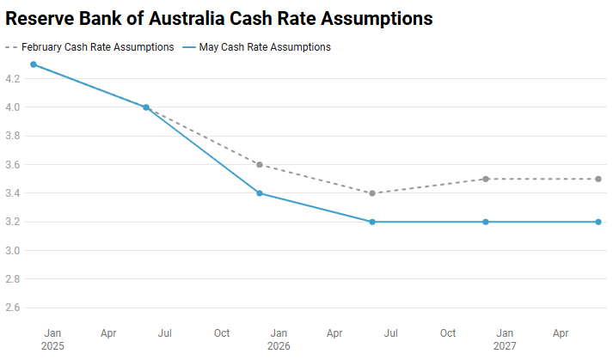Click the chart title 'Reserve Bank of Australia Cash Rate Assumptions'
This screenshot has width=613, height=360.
coord(218,18)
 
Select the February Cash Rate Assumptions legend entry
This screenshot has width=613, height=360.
coord(97,47)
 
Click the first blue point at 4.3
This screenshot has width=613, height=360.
coord(34,64)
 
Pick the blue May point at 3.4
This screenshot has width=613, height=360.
coord(260,193)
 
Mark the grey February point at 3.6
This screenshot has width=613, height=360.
coord(260,165)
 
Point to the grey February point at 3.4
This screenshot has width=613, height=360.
coord(372,193)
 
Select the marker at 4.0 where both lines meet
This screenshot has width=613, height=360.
coord(146,107)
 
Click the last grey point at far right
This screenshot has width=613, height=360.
coord(598,179)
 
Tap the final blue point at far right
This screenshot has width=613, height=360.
coord(598,222)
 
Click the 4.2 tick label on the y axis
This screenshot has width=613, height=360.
coord(13,79)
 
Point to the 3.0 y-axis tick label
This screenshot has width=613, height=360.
coord(13,251)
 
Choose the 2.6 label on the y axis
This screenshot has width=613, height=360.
coord(13,308)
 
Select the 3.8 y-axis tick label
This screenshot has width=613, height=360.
coord(13,136)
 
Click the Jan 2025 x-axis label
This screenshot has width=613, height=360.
coord(52,339)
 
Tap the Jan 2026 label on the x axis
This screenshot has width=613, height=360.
coord(279,339)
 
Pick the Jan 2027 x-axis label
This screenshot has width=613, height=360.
coord(505,339)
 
